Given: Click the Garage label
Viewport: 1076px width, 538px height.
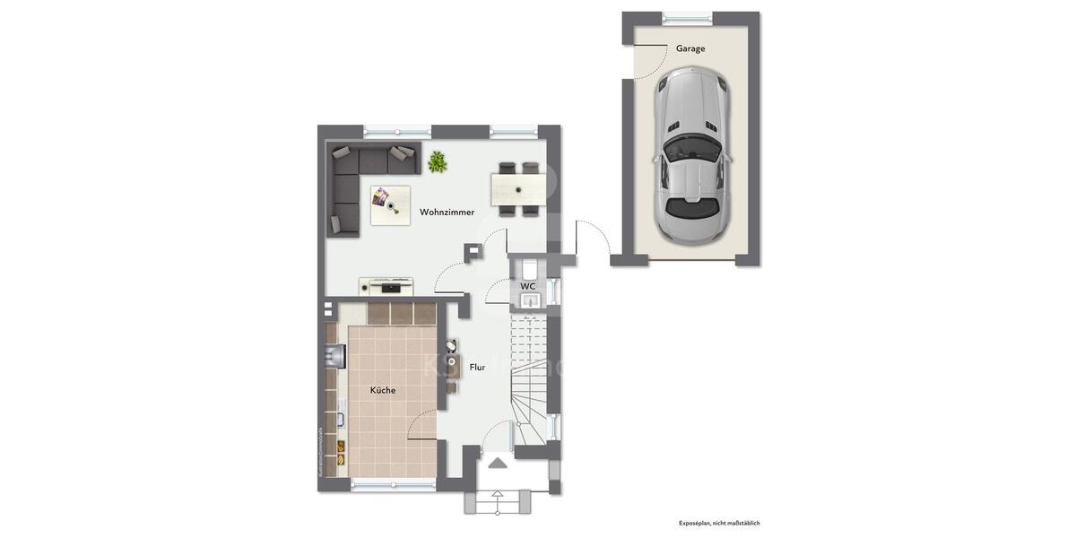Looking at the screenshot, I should click(x=690, y=48).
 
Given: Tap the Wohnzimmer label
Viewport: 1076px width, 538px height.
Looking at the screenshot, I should click(x=447, y=213).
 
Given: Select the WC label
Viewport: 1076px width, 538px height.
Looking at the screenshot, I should click(x=528, y=286).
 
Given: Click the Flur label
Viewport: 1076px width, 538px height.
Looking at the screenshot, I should click(x=477, y=367).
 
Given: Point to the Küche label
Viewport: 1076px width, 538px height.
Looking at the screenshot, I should click(x=383, y=390).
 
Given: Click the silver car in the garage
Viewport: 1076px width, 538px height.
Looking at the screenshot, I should click(x=693, y=157).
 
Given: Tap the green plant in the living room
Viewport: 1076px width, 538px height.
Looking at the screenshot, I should click(x=438, y=161).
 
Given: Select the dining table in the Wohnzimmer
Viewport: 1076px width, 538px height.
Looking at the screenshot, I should click(x=518, y=189).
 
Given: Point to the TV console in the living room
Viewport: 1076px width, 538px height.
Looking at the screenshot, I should click(x=387, y=286).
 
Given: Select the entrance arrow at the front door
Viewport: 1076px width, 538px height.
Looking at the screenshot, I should click(x=497, y=463).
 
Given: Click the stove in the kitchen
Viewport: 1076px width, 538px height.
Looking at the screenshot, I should click(x=334, y=356).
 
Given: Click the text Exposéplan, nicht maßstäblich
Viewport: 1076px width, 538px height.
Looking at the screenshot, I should click(x=719, y=523).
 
